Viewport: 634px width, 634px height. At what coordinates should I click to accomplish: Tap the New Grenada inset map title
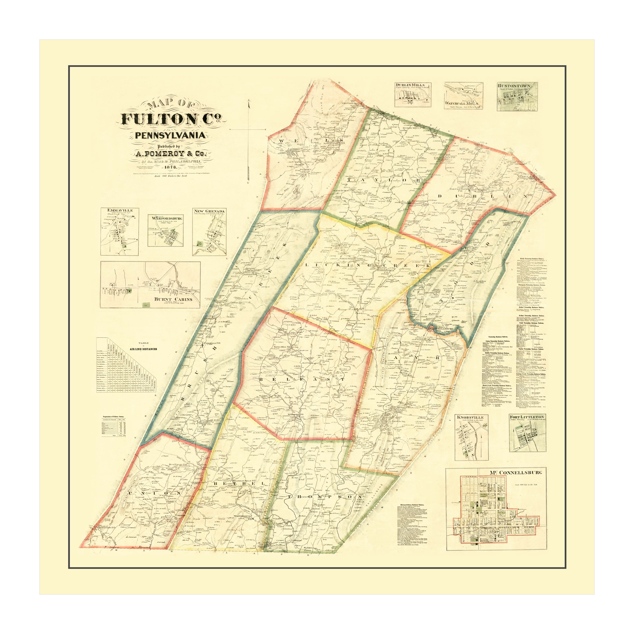[209, 211]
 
